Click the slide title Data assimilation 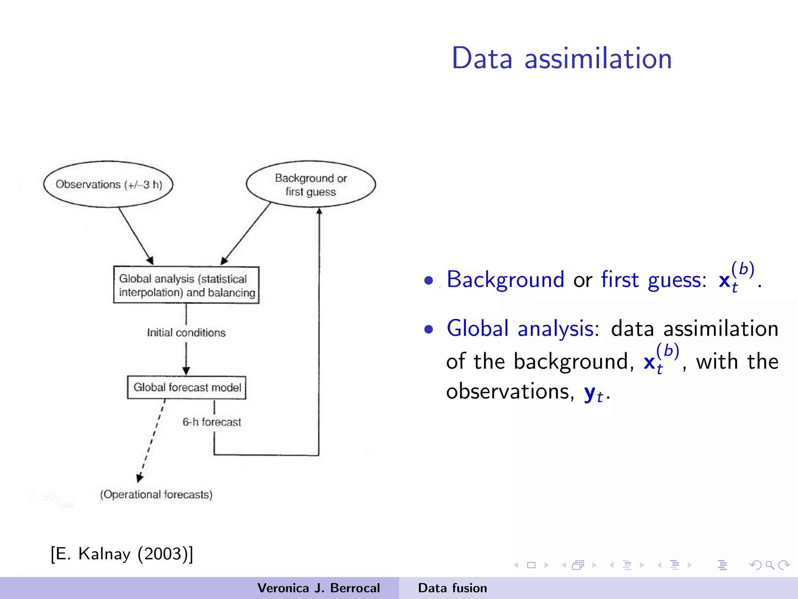(x=561, y=58)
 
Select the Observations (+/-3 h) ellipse (x=108, y=184)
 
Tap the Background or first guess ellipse (x=311, y=184)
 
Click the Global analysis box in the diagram (x=186, y=285)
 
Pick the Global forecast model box (x=187, y=387)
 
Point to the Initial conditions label (x=186, y=333)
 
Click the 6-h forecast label (x=212, y=422)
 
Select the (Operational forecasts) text (x=156, y=494)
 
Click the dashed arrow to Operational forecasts (x=152, y=441)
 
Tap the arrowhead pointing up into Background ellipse (x=319, y=211)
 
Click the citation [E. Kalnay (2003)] (x=122, y=554)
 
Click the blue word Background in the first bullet (x=505, y=280)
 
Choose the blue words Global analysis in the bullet (x=520, y=328)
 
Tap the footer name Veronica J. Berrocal (x=318, y=588)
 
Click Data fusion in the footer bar (x=452, y=588)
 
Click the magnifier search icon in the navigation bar (x=770, y=565)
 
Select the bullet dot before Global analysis (x=429, y=330)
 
